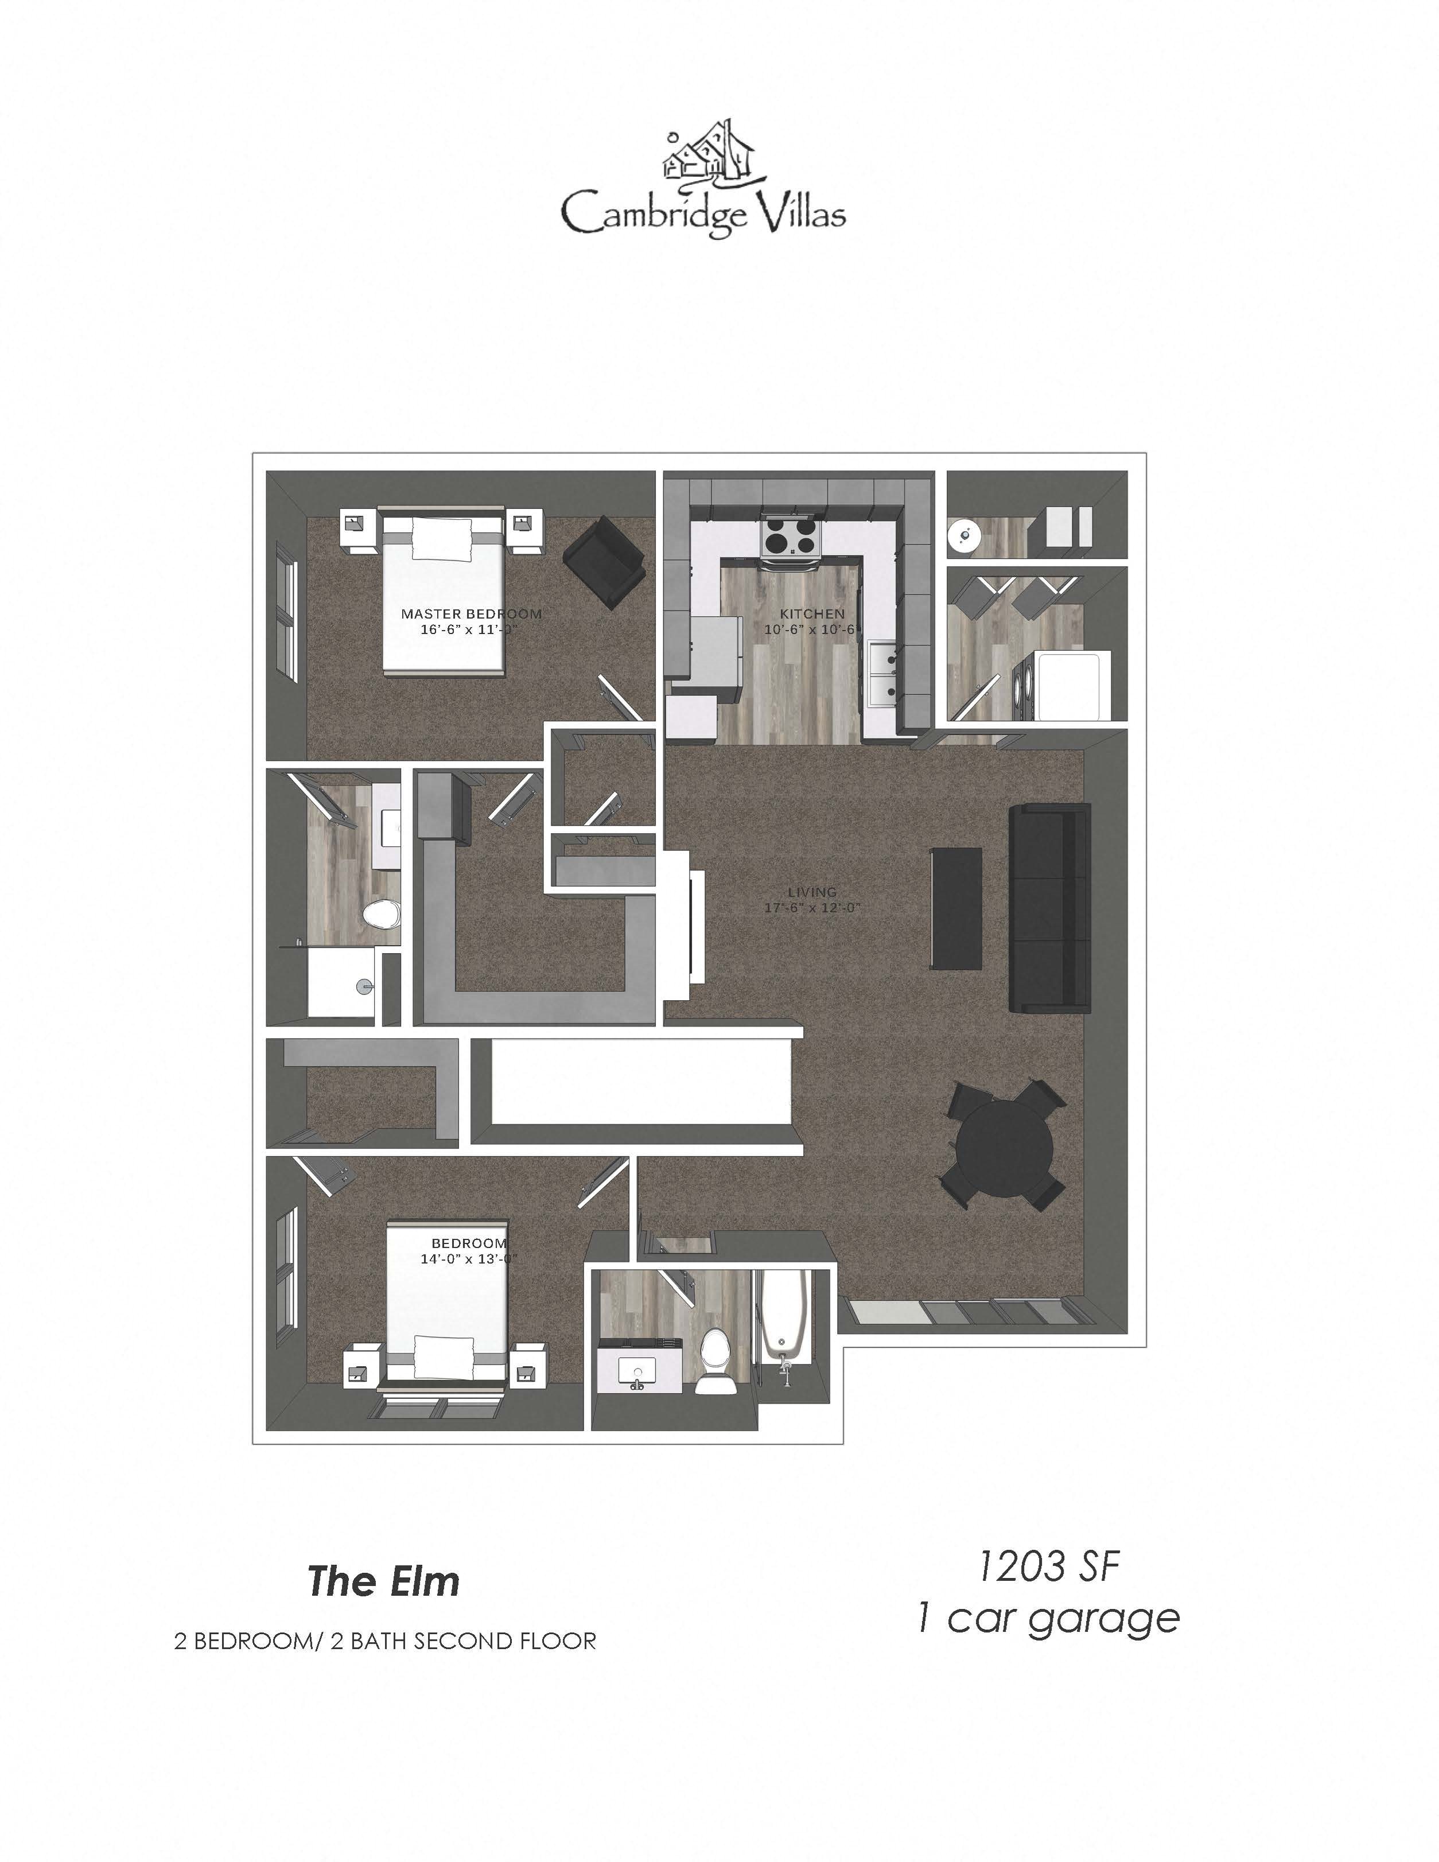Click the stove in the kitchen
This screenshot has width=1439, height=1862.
[790, 539]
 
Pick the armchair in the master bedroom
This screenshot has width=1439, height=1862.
[604, 558]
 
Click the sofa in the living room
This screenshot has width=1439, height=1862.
[1049, 907]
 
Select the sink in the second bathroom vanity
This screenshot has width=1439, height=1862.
[637, 1372]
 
